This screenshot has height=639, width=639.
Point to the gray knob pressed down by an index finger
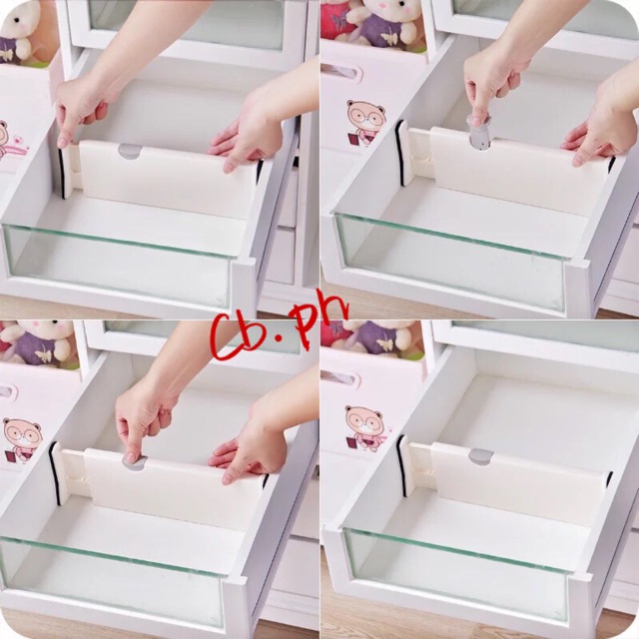pyautogui.click(x=136, y=461)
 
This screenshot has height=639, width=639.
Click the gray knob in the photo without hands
pyautogui.click(x=481, y=456)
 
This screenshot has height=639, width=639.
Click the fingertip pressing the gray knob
pyautogui.click(x=132, y=457)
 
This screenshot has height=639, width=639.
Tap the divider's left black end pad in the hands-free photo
pyautogui.click(x=401, y=466)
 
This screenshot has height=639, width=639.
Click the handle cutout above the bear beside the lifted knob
pyautogui.click(x=345, y=72)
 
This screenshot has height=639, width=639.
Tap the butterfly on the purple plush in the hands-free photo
pyautogui.click(x=386, y=343)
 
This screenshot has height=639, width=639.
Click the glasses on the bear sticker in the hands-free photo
pyautogui.click(x=365, y=422)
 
